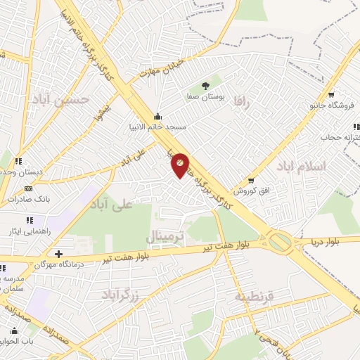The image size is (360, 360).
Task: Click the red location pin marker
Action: point(180,165)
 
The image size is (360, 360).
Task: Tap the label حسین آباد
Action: point(60,100)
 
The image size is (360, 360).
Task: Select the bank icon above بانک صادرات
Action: point(28,188)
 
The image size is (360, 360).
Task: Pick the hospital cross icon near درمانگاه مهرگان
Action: point(58,253)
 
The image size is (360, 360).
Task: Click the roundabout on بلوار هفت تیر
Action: point(281,243)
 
